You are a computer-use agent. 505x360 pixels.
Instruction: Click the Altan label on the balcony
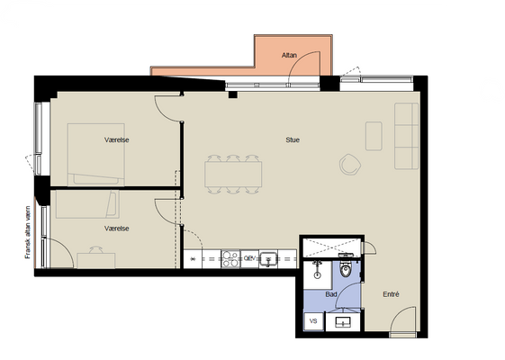tap(289, 56)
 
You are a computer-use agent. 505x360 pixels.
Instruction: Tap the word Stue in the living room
tap(293, 139)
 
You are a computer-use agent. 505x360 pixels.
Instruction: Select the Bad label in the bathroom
tap(331, 294)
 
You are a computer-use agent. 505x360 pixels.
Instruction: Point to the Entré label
tap(391, 294)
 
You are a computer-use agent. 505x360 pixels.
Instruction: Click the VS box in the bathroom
tap(313, 321)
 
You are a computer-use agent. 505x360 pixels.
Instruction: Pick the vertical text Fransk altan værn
tap(28, 232)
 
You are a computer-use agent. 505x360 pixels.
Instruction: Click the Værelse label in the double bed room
tap(117, 139)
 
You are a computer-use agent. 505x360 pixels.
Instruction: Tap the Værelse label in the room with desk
tap(117, 229)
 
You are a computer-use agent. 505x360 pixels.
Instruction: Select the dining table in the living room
tap(233, 175)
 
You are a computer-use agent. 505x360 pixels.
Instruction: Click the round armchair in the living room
tap(350, 165)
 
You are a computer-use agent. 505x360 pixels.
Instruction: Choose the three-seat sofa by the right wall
tap(407, 136)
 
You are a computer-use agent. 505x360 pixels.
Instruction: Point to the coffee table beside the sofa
tap(374, 136)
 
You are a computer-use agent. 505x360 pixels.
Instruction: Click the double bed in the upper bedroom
tap(96, 155)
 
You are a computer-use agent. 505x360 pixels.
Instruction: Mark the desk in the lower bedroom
tap(96, 260)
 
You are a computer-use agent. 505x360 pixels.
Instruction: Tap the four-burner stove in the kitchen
tap(230, 259)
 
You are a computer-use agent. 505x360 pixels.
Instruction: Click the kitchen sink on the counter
tap(268, 259)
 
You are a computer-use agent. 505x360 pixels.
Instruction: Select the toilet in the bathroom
tap(346, 268)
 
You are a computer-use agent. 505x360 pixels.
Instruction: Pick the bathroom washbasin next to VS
tap(343, 322)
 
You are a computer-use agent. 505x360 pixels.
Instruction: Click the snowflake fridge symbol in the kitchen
tap(193, 259)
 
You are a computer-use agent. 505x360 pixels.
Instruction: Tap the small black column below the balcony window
tap(233, 94)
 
